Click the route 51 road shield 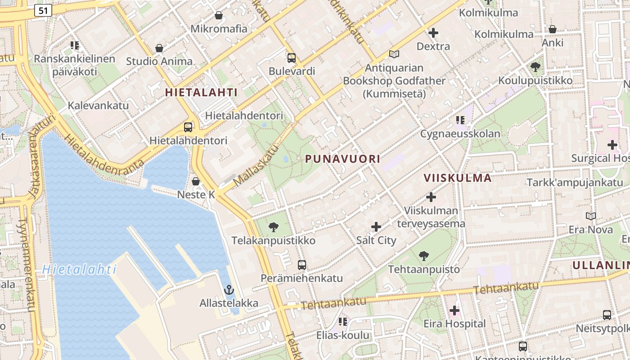[x=43, y=10]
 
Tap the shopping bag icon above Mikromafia [x=219, y=15]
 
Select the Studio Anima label [x=159, y=61]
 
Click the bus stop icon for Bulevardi [x=292, y=58]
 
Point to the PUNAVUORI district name [x=342, y=159]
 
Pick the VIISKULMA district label [x=458, y=178]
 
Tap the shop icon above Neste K [x=196, y=181]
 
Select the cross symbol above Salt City [x=376, y=227]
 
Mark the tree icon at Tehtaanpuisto [x=423, y=256]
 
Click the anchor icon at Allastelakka [x=229, y=289]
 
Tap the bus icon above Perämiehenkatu [x=302, y=265]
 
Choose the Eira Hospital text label [x=454, y=324]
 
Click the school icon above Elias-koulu [x=343, y=321]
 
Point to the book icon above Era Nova [x=591, y=216]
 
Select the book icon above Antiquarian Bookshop [x=394, y=54]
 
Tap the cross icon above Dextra [x=433, y=32]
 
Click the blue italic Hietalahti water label [x=79, y=270]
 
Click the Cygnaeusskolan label [x=460, y=134]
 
